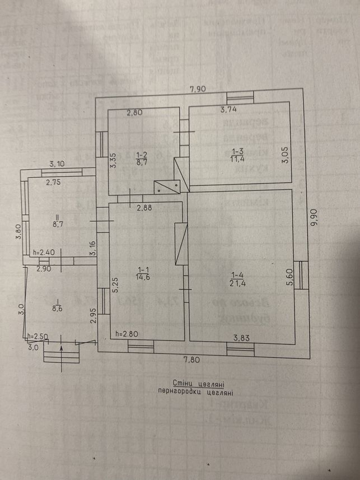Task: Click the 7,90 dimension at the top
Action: point(199,88)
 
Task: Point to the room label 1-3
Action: point(237,151)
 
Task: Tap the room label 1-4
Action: point(237,274)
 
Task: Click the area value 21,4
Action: point(237,283)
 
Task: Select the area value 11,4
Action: point(237,159)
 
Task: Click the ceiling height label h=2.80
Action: point(126,334)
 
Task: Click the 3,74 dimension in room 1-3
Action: point(228,110)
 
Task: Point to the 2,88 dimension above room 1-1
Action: point(146,208)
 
